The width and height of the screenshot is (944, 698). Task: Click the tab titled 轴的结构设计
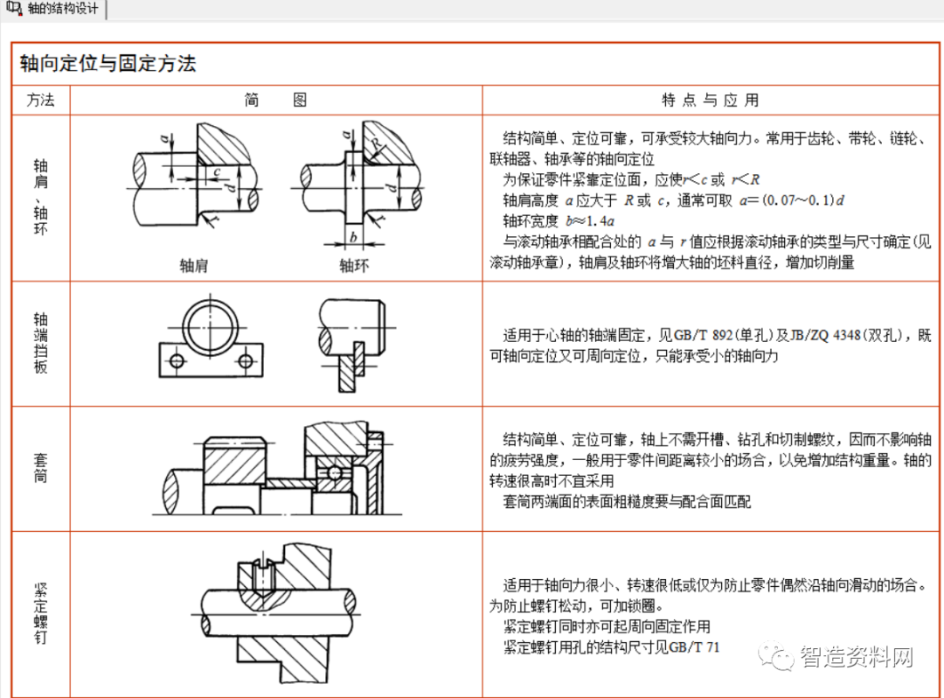coord(54,9)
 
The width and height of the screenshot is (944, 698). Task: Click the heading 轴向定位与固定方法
coord(108,64)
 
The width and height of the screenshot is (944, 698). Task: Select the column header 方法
coord(40,101)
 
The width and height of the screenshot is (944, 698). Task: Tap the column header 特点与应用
coord(711,101)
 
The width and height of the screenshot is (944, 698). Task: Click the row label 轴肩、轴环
coord(40,197)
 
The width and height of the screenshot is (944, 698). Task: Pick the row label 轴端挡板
coord(40,343)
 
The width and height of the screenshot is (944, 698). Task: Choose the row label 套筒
coord(40,467)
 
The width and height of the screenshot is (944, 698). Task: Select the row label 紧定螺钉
coord(40,612)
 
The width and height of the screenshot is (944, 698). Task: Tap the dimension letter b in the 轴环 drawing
coord(352,236)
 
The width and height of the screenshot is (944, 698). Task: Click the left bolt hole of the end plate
coord(177,359)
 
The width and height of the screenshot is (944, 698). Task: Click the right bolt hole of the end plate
coord(248,359)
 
